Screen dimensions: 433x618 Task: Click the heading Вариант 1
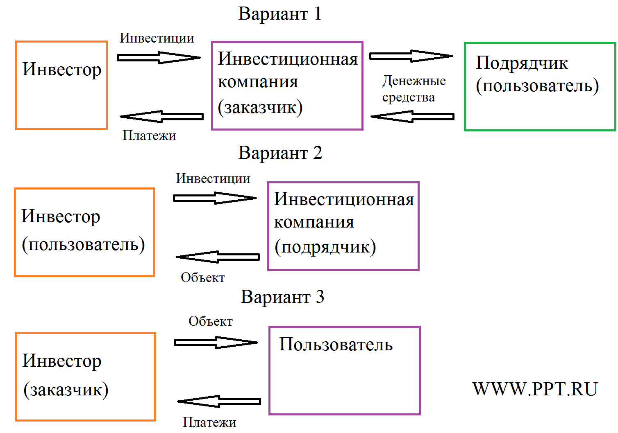[x=280, y=14]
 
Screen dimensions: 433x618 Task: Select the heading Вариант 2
[x=280, y=153]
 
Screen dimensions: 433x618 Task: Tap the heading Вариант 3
[x=282, y=297]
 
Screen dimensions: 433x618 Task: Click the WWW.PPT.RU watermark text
[x=535, y=389]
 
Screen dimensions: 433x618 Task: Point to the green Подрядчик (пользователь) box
[x=540, y=86]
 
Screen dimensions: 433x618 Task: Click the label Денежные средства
[x=414, y=89]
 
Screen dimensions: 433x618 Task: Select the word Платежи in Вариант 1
[x=149, y=135]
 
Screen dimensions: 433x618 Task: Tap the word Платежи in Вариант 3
[x=209, y=422]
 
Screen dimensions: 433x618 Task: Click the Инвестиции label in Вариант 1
[x=157, y=38]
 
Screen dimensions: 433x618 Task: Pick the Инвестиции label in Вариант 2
[x=213, y=178]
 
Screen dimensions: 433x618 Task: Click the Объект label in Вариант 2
[x=203, y=277]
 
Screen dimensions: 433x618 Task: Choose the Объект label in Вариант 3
[x=211, y=322]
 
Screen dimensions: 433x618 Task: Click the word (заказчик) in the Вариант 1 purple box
[x=260, y=107]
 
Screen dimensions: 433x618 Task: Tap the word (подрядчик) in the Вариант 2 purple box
[x=325, y=247]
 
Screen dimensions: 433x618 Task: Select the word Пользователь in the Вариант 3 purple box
[x=336, y=345]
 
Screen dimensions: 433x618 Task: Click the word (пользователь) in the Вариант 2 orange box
[x=83, y=244]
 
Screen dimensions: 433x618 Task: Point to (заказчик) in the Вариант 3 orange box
[x=66, y=390]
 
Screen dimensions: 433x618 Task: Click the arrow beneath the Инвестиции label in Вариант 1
[x=158, y=58]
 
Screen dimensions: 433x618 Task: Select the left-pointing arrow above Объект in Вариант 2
[x=218, y=257]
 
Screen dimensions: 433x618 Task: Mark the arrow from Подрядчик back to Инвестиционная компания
[x=412, y=117]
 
